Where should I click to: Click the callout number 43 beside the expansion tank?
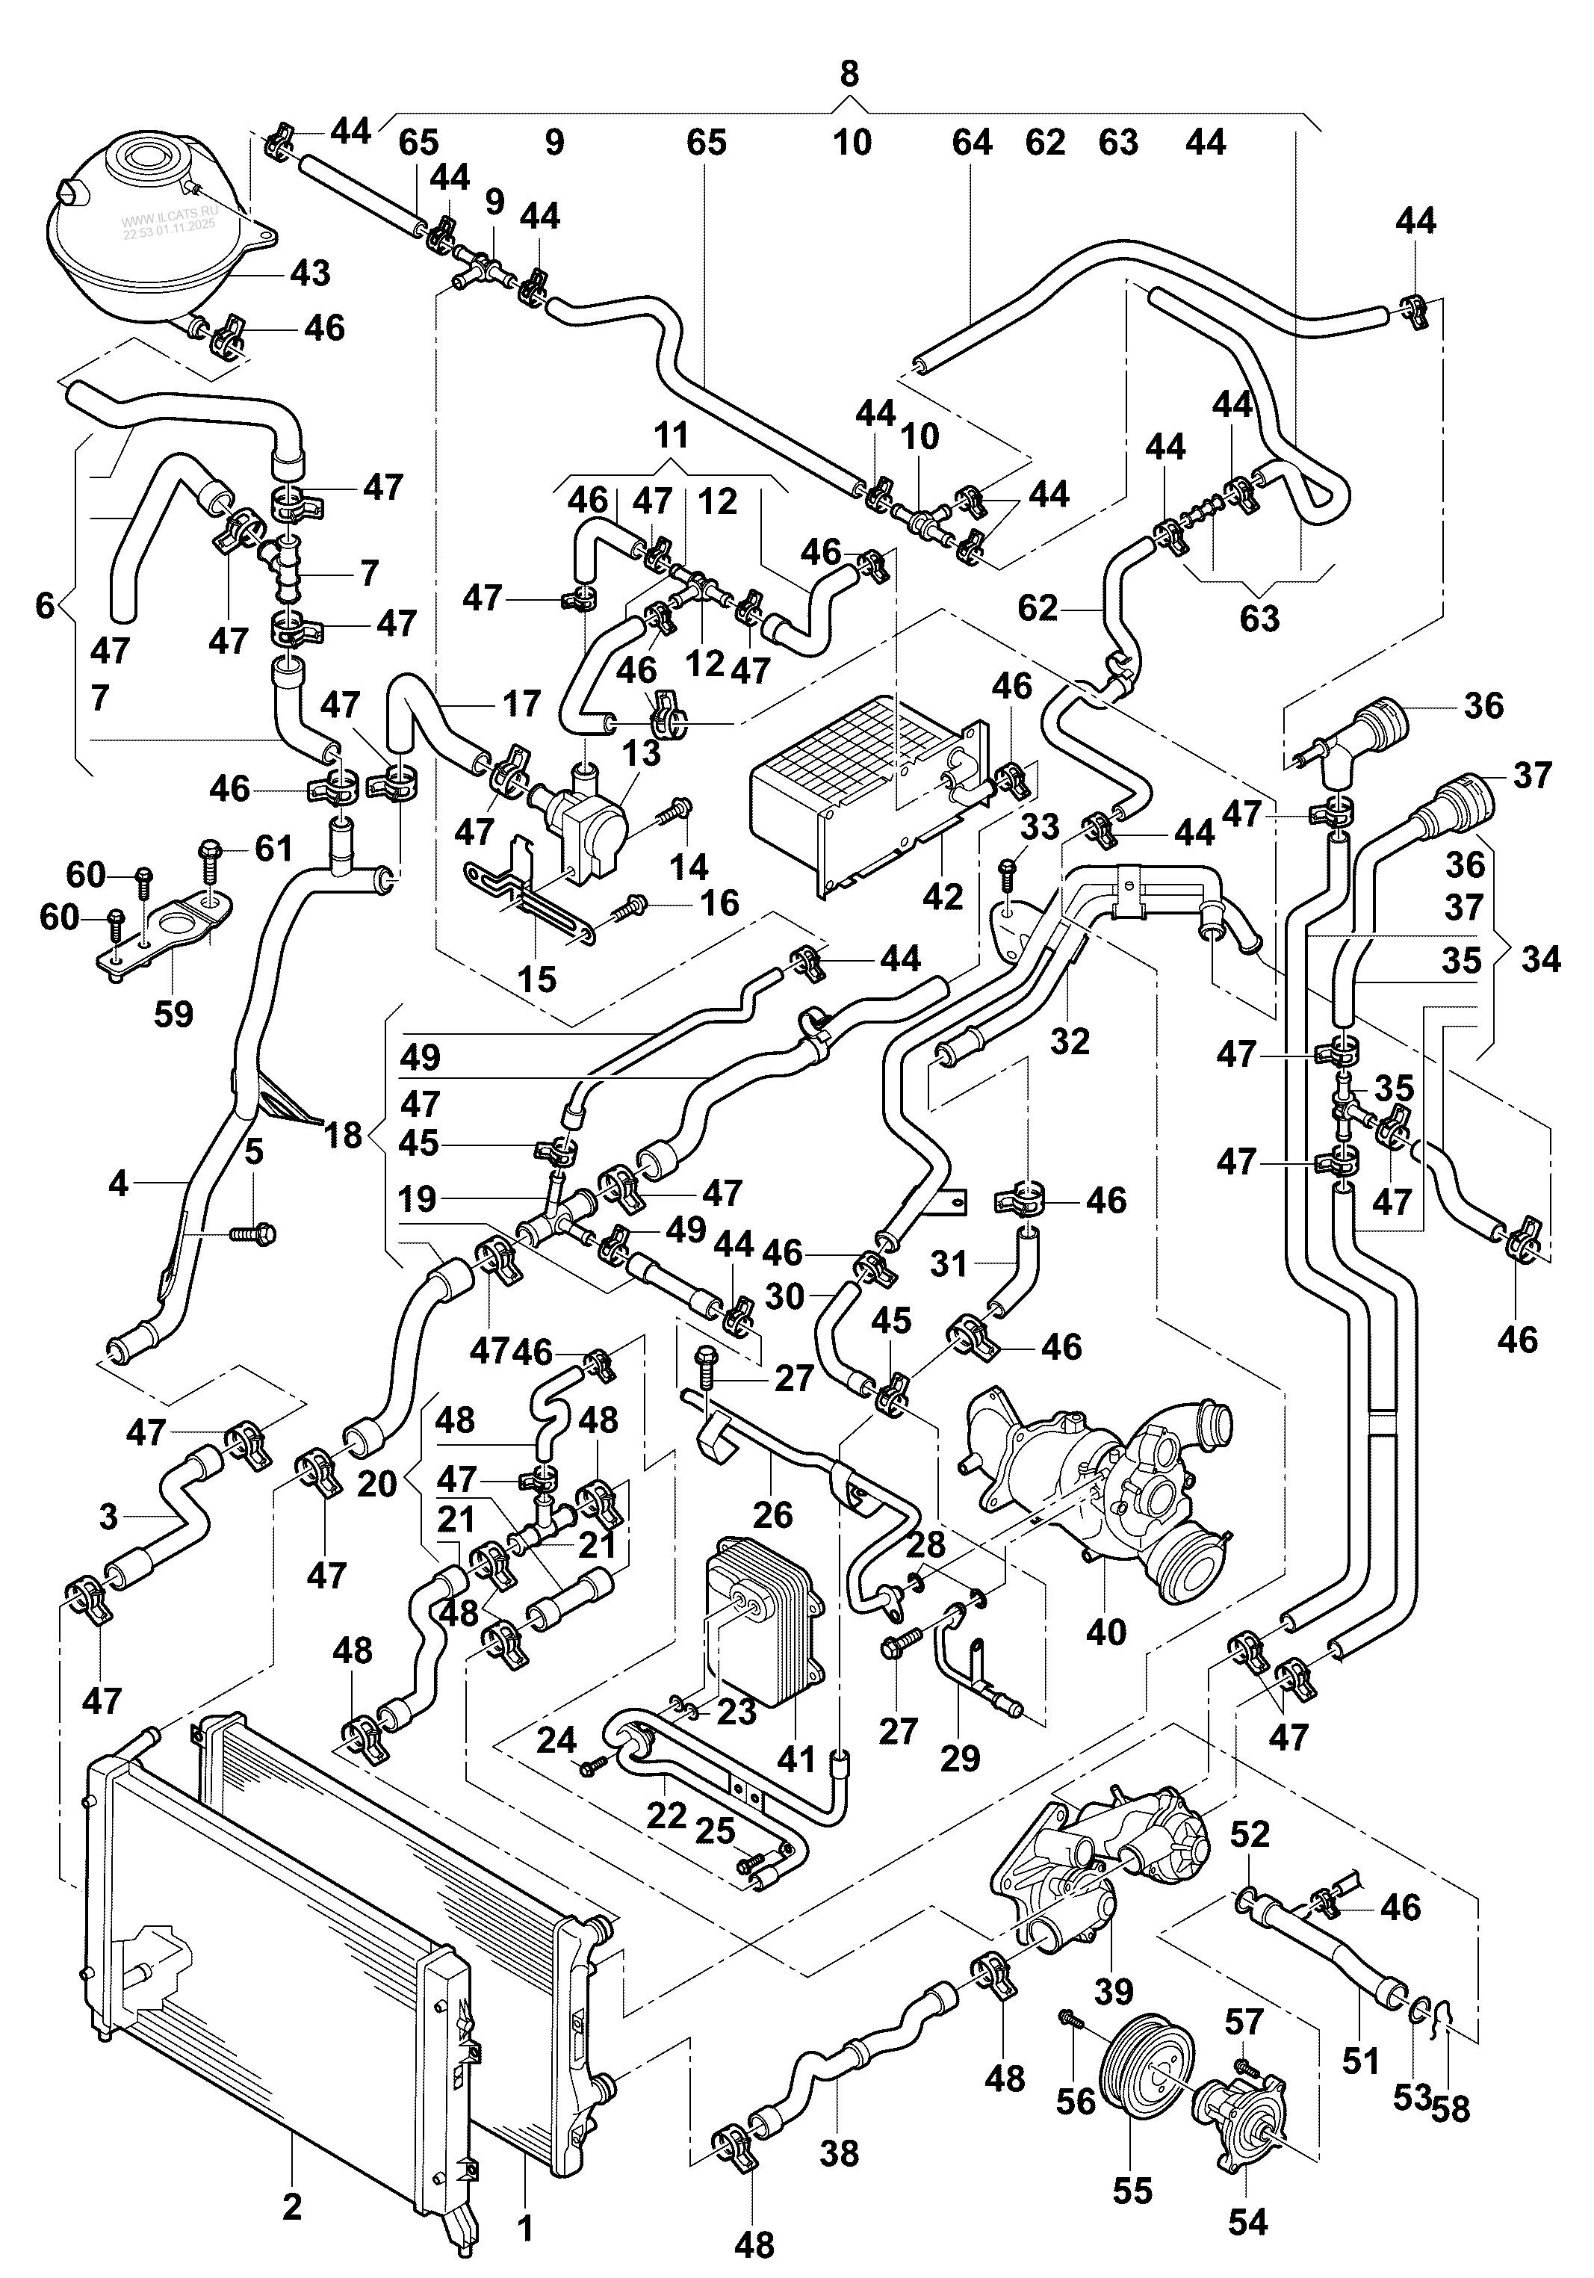click(x=309, y=273)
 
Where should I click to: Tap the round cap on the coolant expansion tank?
click(x=142, y=158)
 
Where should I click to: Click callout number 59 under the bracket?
click(x=173, y=1013)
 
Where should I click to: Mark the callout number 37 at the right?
click(x=1531, y=775)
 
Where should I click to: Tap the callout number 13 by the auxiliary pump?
click(x=641, y=753)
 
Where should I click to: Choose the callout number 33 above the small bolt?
click(x=1041, y=826)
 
